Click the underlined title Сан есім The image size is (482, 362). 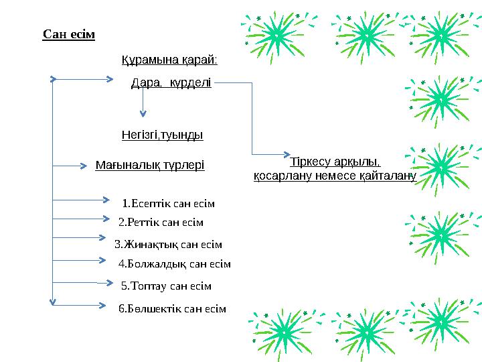[x=68, y=34]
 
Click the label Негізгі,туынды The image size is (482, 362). [x=163, y=135]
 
